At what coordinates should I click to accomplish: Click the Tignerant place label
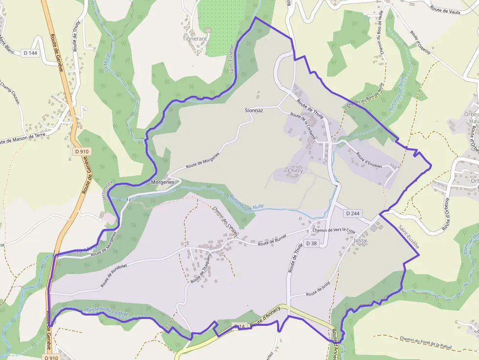pos(195,38)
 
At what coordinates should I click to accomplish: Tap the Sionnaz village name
pos(254,111)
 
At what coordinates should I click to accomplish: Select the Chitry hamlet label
pos(296,171)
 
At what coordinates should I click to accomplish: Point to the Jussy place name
pos(360,241)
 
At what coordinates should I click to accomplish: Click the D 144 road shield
pos(30,53)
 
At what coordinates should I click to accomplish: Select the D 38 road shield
pos(311,243)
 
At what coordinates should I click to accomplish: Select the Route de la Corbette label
pos(303,127)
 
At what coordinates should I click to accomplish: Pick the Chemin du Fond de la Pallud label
pos(425,343)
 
